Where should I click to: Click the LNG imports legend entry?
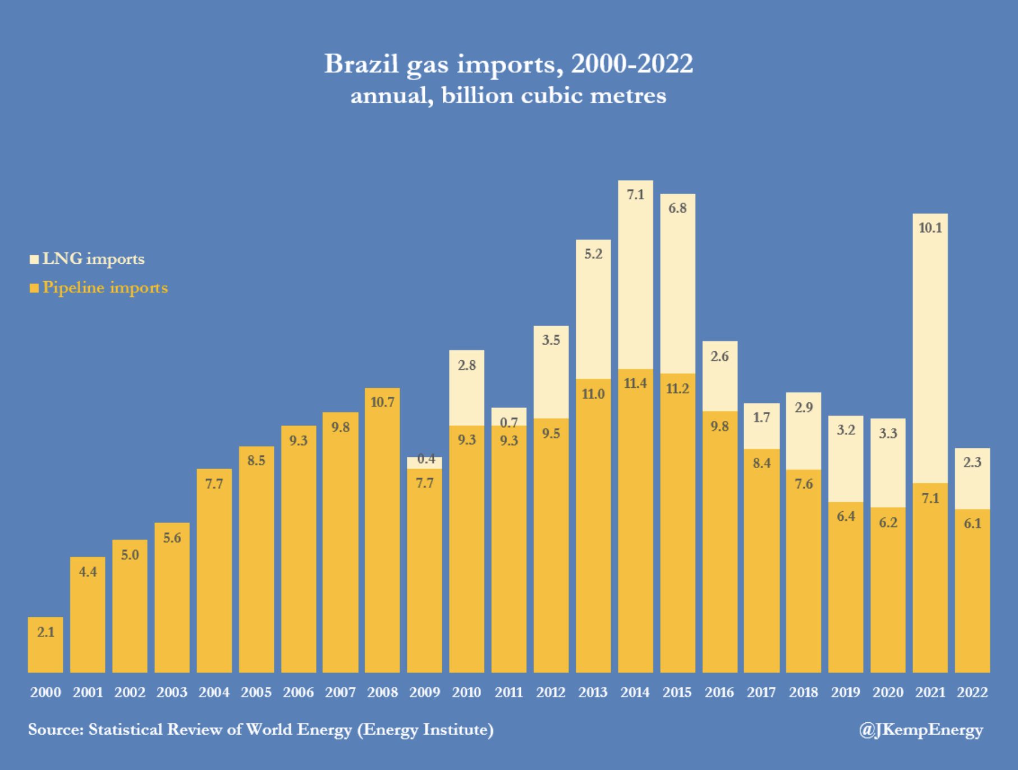pyautogui.click(x=87, y=259)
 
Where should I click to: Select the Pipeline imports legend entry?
pyautogui.click(x=99, y=287)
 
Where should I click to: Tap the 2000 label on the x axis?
pyautogui.click(x=45, y=692)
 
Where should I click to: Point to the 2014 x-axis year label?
pyautogui.click(x=635, y=692)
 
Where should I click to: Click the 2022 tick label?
pyautogui.click(x=973, y=692)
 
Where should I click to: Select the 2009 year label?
pyautogui.click(x=425, y=692)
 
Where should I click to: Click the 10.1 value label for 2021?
pyautogui.click(x=930, y=228)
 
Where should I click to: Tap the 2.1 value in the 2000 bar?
pyautogui.click(x=46, y=632)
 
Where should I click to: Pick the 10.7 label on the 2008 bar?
pyautogui.click(x=383, y=402)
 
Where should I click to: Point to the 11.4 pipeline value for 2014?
pyautogui.click(x=635, y=383)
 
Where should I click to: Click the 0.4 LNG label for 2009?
pyautogui.click(x=427, y=459)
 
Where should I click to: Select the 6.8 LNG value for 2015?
pyautogui.click(x=677, y=208)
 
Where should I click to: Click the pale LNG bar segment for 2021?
pyautogui.click(x=930, y=348)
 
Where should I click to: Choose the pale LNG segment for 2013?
pyautogui.click(x=593, y=309)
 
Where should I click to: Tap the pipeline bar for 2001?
pyautogui.click(x=88, y=615)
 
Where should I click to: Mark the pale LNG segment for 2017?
pyautogui.click(x=762, y=426)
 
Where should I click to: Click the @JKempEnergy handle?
pyautogui.click(x=921, y=730)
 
